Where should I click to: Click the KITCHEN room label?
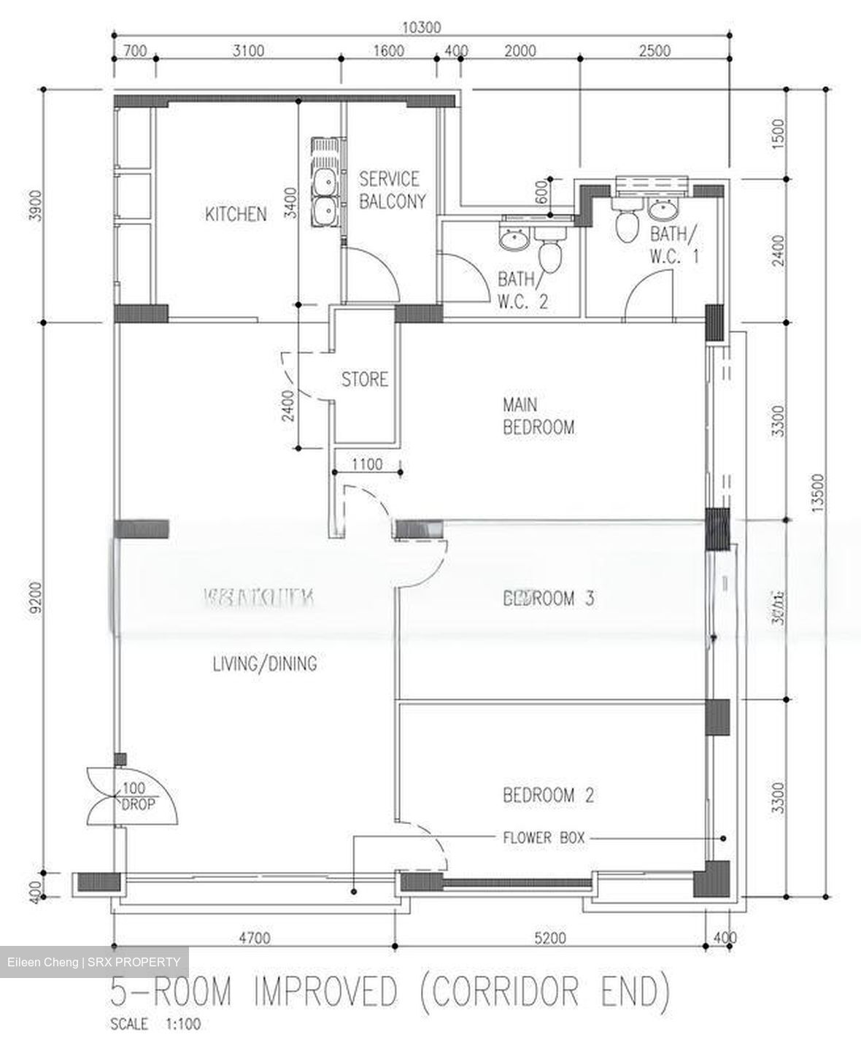(235, 215)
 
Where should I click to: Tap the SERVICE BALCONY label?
(391, 190)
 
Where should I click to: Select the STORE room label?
(365, 380)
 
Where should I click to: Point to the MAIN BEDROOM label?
(538, 416)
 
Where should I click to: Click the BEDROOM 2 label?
(548, 795)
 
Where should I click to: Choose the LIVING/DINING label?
(264, 664)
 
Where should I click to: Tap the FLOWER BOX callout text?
(544, 838)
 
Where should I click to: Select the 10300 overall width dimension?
(422, 28)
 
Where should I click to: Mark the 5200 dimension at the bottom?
(549, 938)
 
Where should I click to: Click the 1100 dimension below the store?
(367, 463)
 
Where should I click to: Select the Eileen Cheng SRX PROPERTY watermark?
(93, 962)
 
